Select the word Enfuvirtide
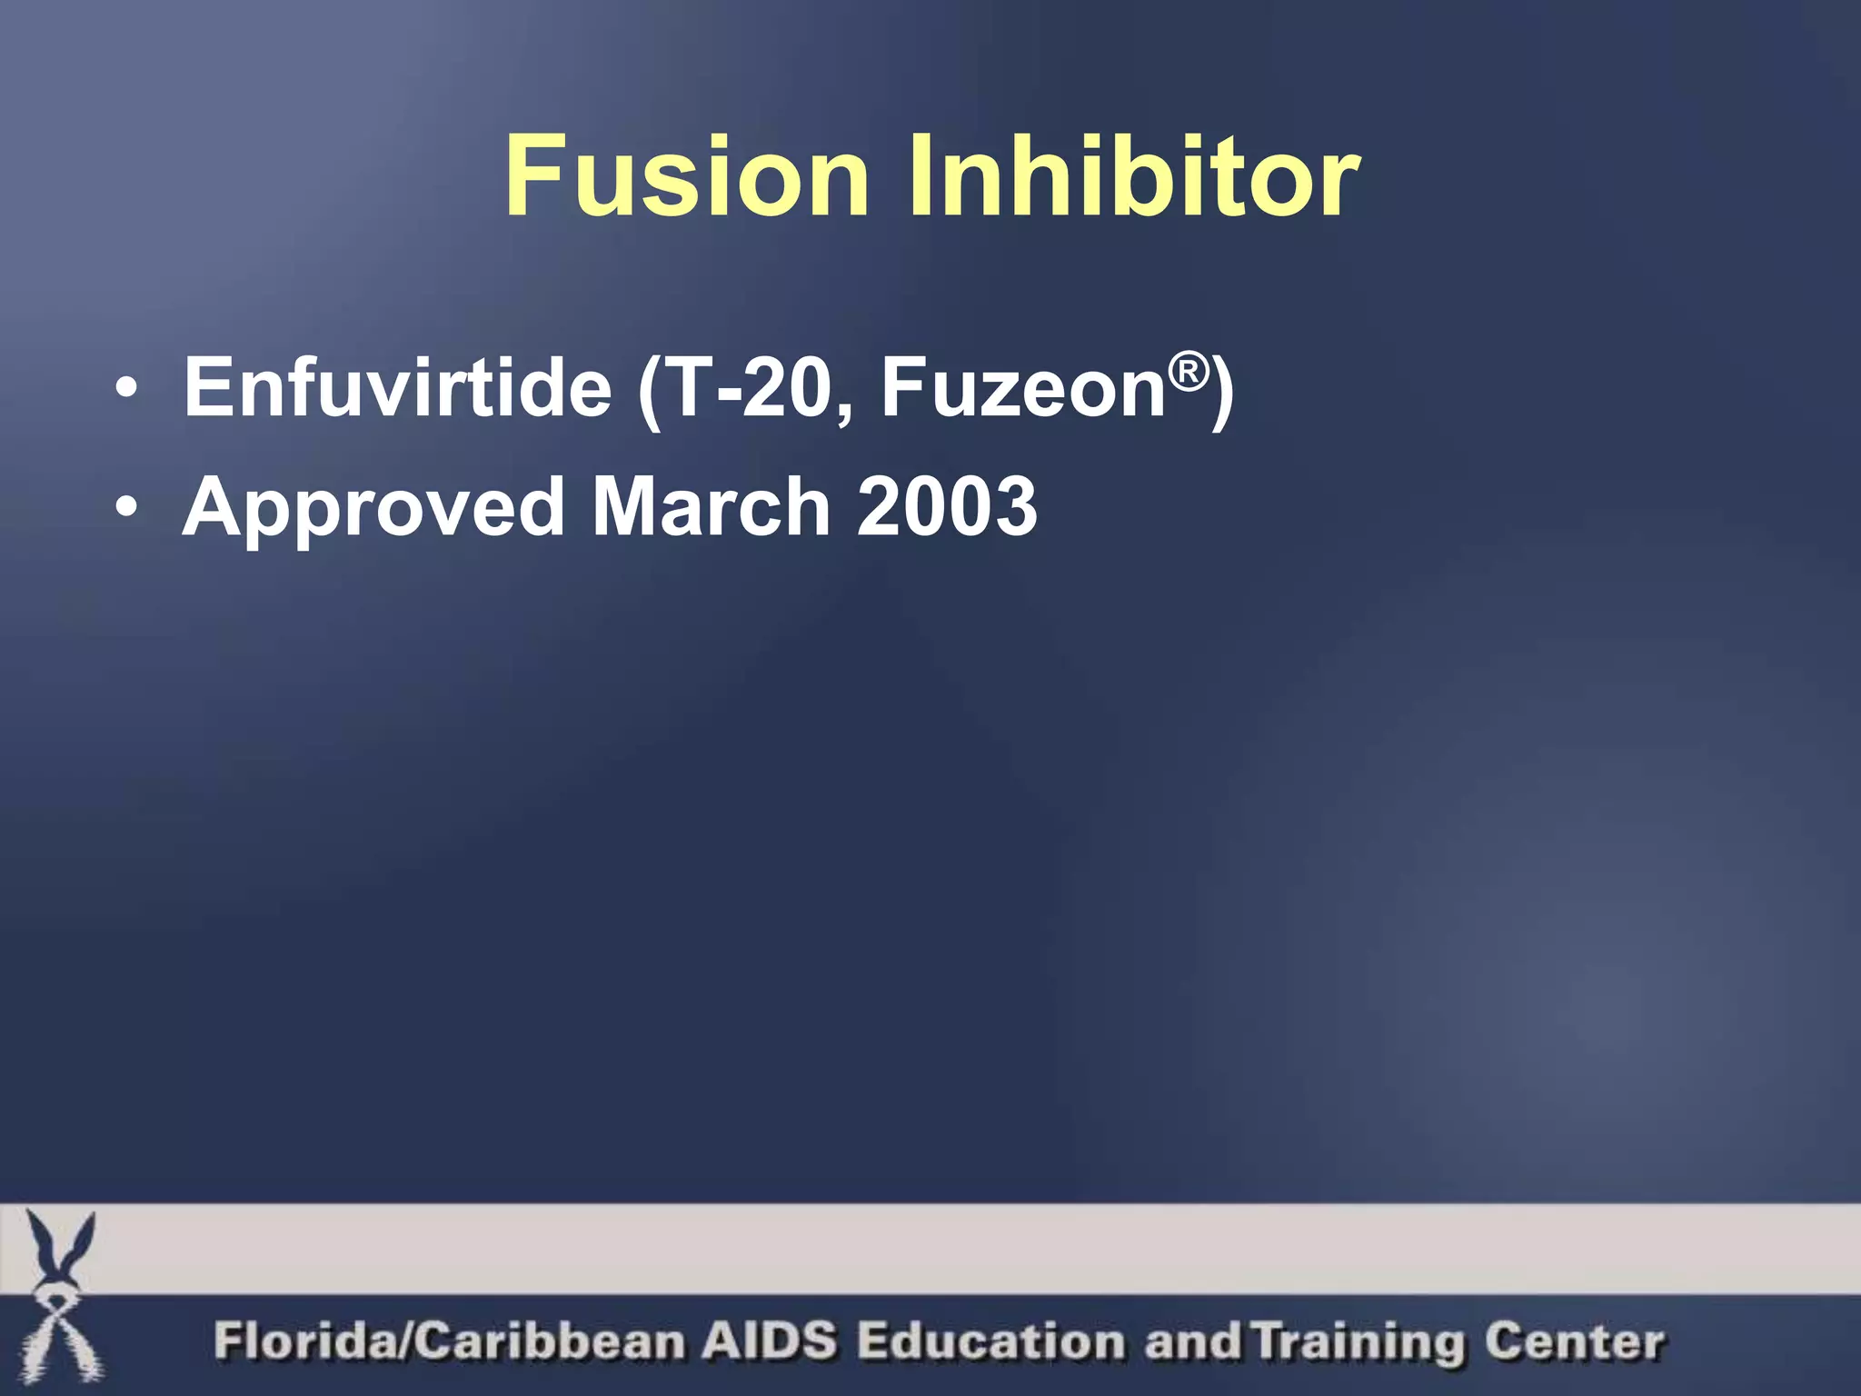point(398,388)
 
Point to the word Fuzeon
point(1023,388)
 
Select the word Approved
point(373,507)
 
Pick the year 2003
point(947,506)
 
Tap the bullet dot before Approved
point(128,508)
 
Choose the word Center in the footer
point(1574,1341)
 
